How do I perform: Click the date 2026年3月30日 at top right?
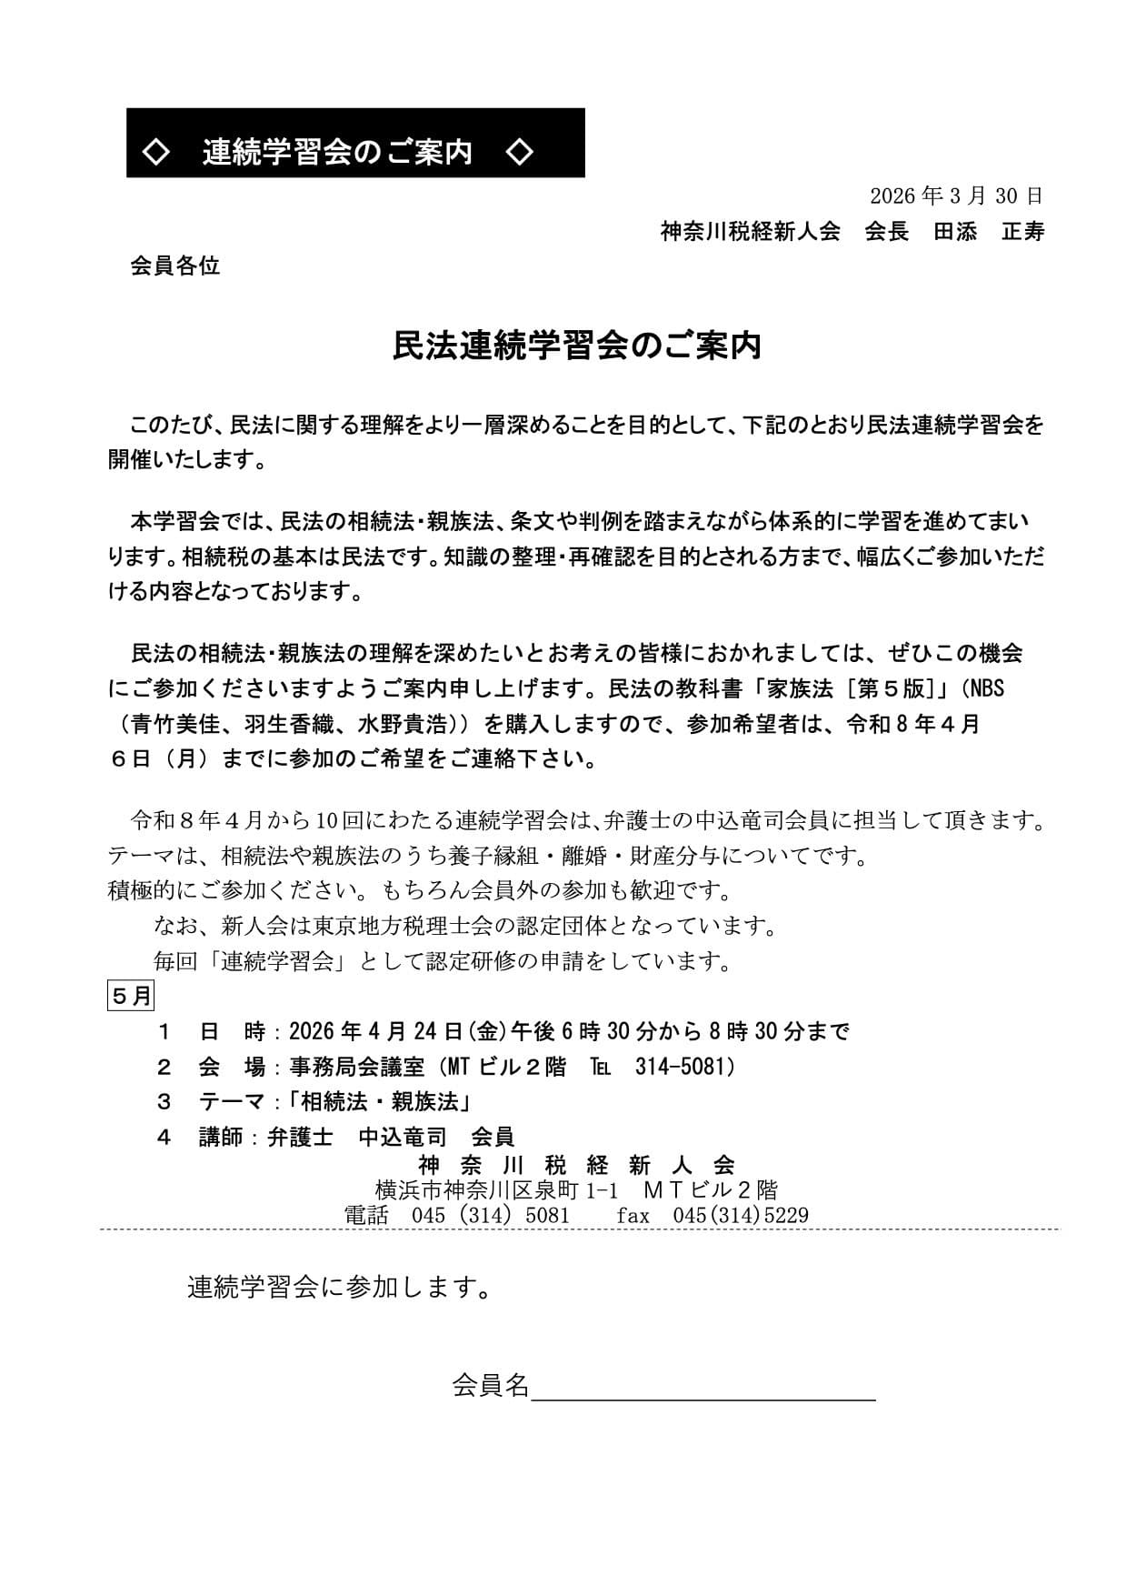pyautogui.click(x=956, y=196)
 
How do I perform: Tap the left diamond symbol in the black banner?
pyautogui.click(x=157, y=151)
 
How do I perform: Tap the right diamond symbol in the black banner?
pyautogui.click(x=519, y=151)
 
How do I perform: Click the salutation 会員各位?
pyautogui.click(x=175, y=266)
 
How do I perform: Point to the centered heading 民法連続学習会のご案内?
pyautogui.click(x=576, y=346)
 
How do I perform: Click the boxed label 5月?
pyautogui.click(x=131, y=996)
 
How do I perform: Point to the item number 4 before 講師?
pyautogui.click(x=164, y=1137)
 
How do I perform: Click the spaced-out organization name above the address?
pyautogui.click(x=576, y=1165)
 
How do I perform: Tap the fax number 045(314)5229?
pyautogui.click(x=740, y=1215)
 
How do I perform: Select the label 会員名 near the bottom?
pyautogui.click(x=490, y=1385)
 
